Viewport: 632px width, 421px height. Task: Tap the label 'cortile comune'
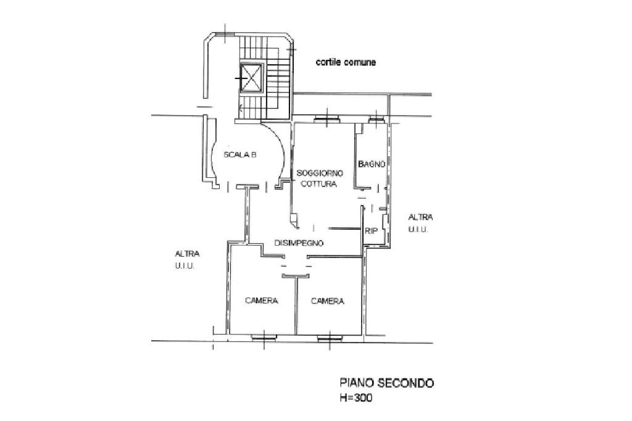tap(346, 62)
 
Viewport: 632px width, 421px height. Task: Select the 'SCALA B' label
tap(240, 155)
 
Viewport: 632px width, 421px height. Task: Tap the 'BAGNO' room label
tap(372, 164)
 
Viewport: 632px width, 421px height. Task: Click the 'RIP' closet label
tap(371, 231)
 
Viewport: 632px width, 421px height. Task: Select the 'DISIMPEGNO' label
tap(299, 243)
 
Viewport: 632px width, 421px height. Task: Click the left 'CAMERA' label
tap(262, 301)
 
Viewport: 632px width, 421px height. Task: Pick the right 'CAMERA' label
tap(327, 301)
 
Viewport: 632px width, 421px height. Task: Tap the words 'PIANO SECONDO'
tap(387, 383)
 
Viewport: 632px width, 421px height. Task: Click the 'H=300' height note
tap(356, 398)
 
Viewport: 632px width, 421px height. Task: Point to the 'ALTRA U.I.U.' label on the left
tap(188, 259)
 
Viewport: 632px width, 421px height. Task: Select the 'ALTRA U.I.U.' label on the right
tap(420, 223)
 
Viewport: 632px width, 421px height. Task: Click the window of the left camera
tap(264, 336)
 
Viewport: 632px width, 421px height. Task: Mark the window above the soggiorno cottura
tap(325, 119)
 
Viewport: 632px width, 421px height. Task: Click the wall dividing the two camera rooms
tap(296, 306)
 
